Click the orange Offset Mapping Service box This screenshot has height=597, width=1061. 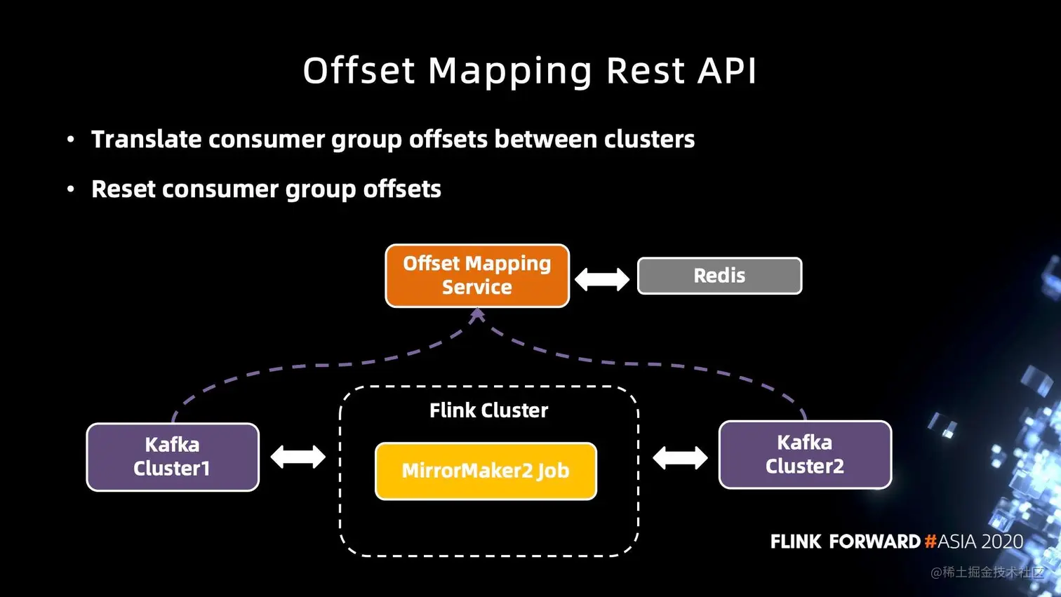tap(477, 276)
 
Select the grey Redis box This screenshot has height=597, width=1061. tap(719, 276)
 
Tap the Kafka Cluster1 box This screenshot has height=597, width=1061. tap(173, 457)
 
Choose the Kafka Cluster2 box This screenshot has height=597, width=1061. tap(805, 455)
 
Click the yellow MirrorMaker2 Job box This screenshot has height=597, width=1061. tap(486, 471)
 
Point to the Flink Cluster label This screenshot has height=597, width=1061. tap(488, 410)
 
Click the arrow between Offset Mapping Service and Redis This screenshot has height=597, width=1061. tap(602, 279)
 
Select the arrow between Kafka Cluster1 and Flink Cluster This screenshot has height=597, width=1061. tap(298, 457)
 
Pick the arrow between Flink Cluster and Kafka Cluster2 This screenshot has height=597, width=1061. tap(680, 458)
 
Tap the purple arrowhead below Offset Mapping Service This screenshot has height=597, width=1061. tap(477, 316)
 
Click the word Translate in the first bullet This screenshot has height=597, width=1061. tap(147, 139)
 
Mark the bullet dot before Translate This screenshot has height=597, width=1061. tap(70, 140)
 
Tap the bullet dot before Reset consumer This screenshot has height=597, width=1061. tap(70, 189)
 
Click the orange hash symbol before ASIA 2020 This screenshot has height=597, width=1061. tap(930, 542)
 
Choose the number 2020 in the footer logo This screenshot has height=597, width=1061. tap(1002, 542)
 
